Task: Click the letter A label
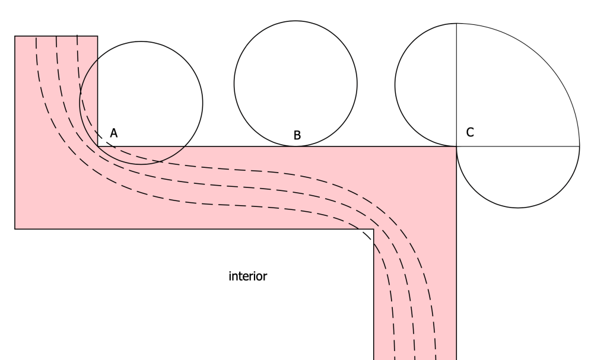click(114, 133)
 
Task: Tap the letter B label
click(297, 135)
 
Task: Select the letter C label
click(470, 132)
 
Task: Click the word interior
click(248, 276)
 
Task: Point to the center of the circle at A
click(141, 103)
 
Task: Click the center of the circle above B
click(295, 84)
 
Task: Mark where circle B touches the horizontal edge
click(295, 146)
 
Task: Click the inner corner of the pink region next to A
click(98, 146)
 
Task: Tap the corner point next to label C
click(456, 146)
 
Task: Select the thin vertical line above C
click(456, 83)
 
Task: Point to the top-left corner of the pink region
click(15, 36)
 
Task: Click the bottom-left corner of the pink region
click(15, 228)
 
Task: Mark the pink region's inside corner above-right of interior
click(373, 228)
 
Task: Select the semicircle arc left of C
click(395, 85)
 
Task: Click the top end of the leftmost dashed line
click(36, 37)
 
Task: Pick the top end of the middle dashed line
click(56, 37)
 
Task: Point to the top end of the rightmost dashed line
click(77, 37)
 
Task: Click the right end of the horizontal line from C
click(579, 146)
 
